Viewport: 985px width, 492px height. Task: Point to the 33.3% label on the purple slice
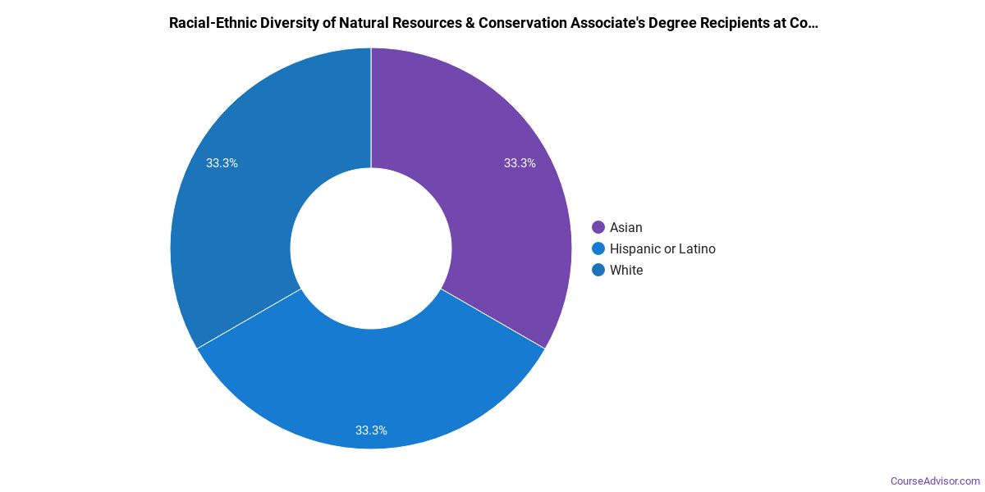coord(520,163)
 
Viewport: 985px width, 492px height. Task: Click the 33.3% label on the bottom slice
coord(371,430)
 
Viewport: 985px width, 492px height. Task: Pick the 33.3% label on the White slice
coord(222,163)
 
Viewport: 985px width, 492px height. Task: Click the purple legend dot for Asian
coord(598,227)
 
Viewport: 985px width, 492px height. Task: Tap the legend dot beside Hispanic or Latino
coord(598,248)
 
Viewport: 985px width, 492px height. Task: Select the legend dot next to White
coord(598,270)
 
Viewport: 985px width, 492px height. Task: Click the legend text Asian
coord(626,227)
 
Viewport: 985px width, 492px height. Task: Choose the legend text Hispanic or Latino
coord(662,248)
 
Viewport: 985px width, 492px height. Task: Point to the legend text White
coord(626,270)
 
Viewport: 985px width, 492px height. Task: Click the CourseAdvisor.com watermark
coord(935,481)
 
